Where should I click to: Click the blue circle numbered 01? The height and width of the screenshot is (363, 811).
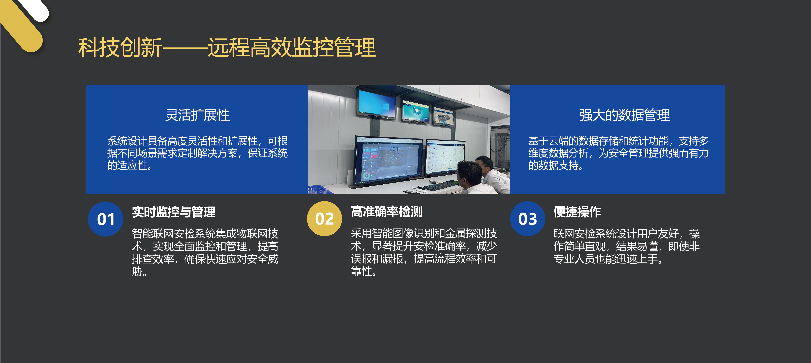(106, 219)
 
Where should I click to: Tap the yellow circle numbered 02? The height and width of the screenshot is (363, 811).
(324, 219)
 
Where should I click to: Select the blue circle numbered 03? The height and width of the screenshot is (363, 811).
(527, 219)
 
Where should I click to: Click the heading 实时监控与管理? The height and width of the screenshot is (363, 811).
(173, 212)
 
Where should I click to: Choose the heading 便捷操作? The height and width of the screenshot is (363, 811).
(577, 212)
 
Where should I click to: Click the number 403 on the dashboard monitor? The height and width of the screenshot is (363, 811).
(394, 149)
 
